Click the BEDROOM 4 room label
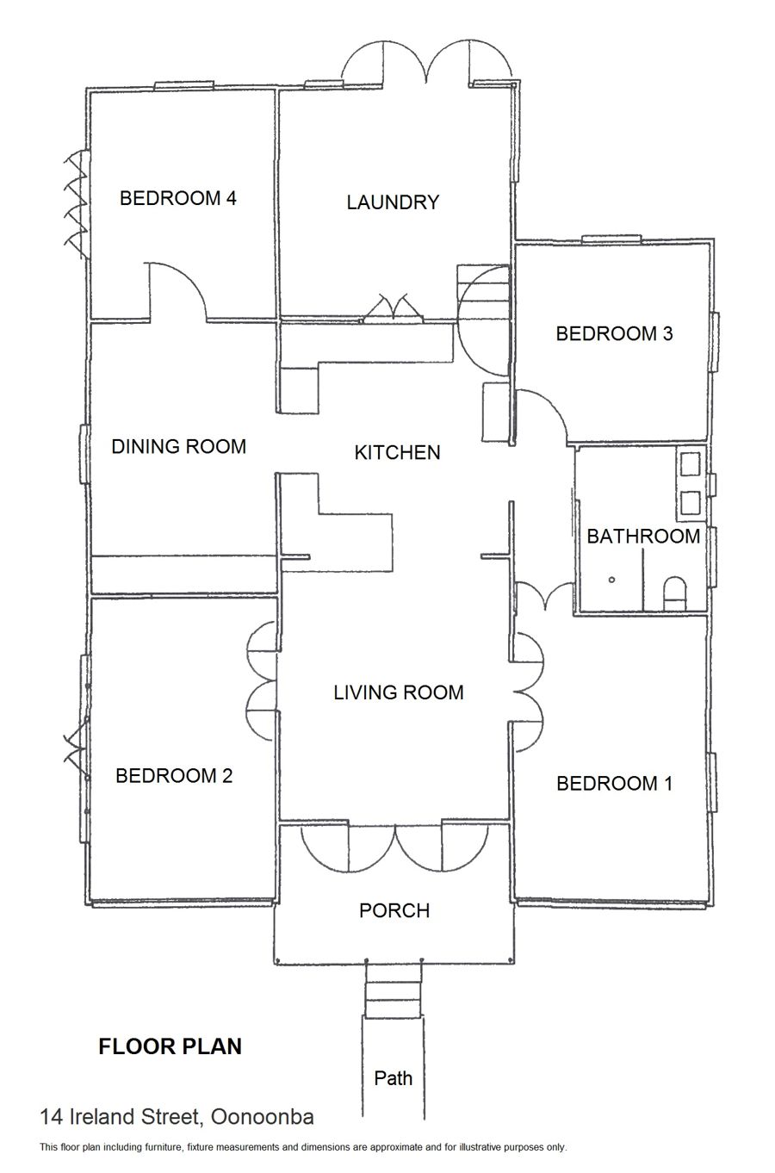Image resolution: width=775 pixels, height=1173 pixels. click(178, 198)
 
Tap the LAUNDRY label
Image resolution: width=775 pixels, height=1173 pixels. click(393, 202)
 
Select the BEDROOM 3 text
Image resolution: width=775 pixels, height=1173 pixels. click(614, 333)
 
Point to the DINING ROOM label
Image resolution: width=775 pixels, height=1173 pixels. click(178, 447)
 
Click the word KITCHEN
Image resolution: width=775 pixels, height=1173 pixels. click(398, 452)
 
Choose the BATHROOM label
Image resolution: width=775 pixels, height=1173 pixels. click(643, 537)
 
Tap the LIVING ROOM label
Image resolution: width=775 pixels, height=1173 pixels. click(399, 692)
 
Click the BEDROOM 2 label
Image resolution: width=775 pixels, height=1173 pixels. click(174, 776)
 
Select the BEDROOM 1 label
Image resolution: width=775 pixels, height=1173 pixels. click(614, 784)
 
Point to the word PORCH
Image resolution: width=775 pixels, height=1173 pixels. click(394, 910)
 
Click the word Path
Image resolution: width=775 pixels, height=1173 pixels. click(394, 1078)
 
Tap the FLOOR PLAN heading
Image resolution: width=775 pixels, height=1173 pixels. click(170, 1046)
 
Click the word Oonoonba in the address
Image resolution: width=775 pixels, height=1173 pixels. click(262, 1117)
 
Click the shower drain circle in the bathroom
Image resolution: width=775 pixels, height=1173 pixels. click(611, 580)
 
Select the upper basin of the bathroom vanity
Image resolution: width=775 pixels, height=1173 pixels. click(690, 464)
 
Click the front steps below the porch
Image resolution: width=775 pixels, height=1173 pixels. click(394, 991)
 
